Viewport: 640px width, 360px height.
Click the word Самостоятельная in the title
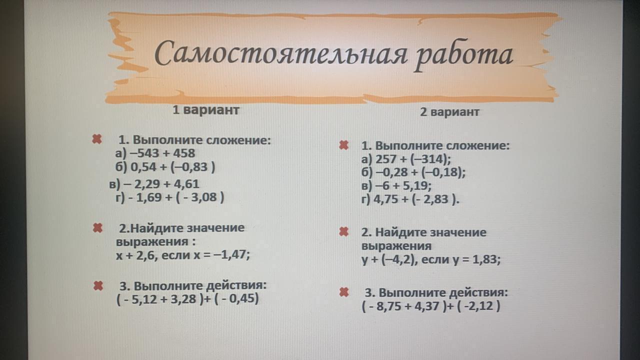pos(281,55)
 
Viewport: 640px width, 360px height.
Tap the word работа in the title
pos(463,56)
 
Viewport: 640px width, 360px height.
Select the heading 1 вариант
pos(205,110)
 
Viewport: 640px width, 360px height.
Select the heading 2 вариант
pos(449,111)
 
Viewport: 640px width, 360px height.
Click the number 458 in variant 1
pos(184,153)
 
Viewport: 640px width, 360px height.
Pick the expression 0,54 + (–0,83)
pos(173,167)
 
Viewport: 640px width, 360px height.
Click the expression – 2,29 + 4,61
pos(161,184)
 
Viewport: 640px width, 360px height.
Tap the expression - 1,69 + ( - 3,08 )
pos(176,197)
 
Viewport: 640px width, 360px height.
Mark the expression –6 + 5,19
pos(403,186)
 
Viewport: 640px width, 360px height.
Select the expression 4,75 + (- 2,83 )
pos(416,199)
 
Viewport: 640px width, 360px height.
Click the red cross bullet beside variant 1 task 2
pos(97,228)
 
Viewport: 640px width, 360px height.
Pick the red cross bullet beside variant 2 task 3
pos(344,292)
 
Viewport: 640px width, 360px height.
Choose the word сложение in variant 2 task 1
pos(477,146)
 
